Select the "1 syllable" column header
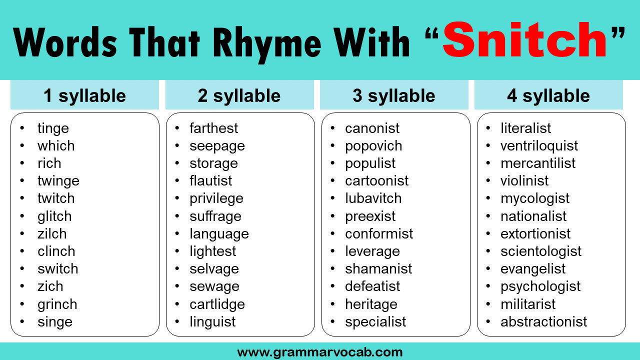click(x=84, y=95)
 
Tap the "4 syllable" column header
click(x=548, y=95)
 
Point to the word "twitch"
click(x=56, y=198)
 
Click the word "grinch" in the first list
click(x=57, y=304)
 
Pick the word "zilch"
click(x=52, y=233)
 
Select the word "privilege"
click(x=216, y=199)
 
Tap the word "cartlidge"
click(x=217, y=304)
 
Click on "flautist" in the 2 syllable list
click(x=211, y=180)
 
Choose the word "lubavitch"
click(x=373, y=198)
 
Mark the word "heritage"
click(x=371, y=304)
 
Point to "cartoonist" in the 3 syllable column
click(x=377, y=180)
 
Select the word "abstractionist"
click(x=543, y=321)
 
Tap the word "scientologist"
click(x=541, y=251)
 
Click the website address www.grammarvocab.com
click(x=319, y=352)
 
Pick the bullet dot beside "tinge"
click(x=22, y=127)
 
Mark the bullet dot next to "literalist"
click(x=488, y=127)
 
